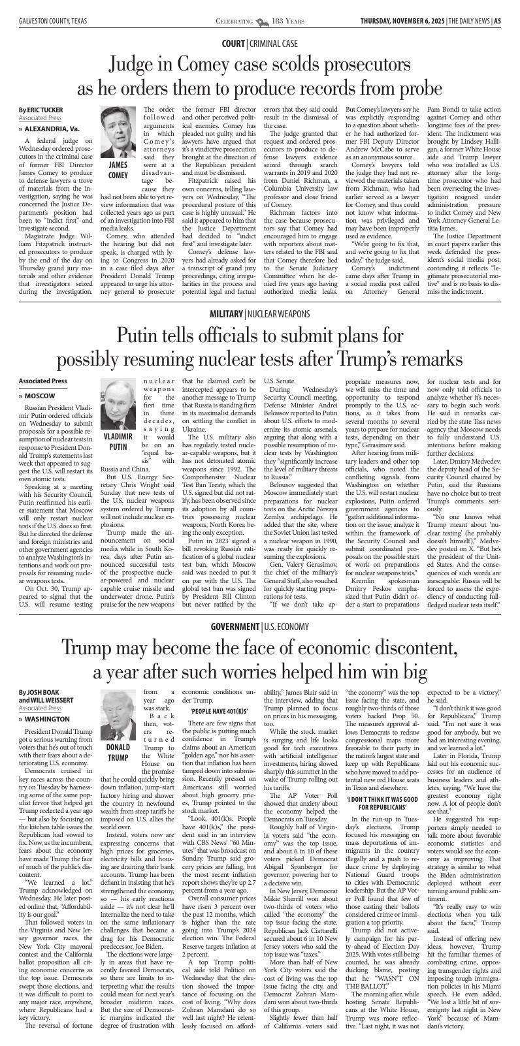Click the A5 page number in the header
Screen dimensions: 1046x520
[497, 21]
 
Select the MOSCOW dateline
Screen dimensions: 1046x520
[39, 396]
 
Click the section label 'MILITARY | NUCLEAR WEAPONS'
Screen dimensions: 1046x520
[259, 313]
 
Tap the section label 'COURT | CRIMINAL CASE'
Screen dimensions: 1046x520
[259, 43]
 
